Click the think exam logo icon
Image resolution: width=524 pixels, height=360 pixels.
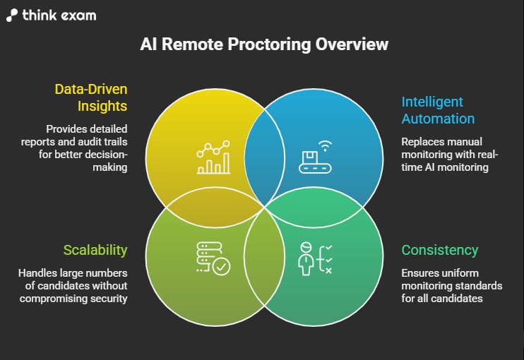(x=13, y=15)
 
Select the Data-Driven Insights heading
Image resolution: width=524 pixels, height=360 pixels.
(x=91, y=98)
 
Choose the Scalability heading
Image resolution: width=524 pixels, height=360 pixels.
(x=95, y=250)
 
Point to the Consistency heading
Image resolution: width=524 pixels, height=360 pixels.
(x=439, y=250)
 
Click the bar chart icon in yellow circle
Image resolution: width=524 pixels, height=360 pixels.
(x=213, y=157)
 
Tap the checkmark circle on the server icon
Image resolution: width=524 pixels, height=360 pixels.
(x=221, y=266)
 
